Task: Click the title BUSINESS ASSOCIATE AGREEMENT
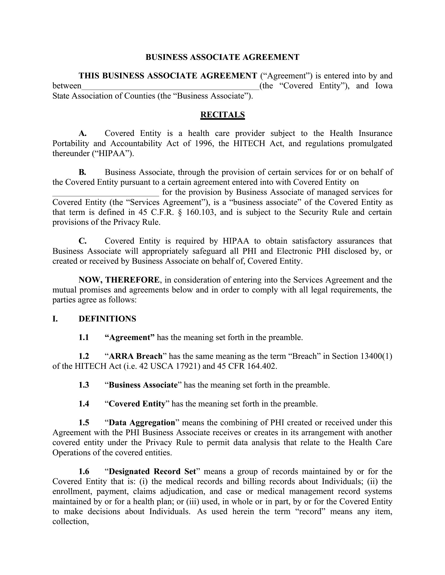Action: tap(222, 57)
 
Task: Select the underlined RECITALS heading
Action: tap(222, 114)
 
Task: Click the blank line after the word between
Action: tap(170, 86)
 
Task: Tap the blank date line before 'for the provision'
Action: tap(105, 193)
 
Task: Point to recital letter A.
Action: tap(82, 133)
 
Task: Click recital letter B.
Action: tap(82, 172)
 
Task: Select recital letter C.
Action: tap(82, 241)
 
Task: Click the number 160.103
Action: tap(201, 212)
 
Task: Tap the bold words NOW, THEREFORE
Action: tap(119, 280)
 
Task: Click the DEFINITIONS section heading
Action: tap(107, 319)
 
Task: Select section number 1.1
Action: tap(84, 337)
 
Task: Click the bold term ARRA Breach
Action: tap(136, 356)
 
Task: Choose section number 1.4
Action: tap(84, 404)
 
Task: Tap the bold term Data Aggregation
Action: tap(142, 423)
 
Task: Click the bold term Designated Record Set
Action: tap(152, 471)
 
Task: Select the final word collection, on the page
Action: tap(70, 522)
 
